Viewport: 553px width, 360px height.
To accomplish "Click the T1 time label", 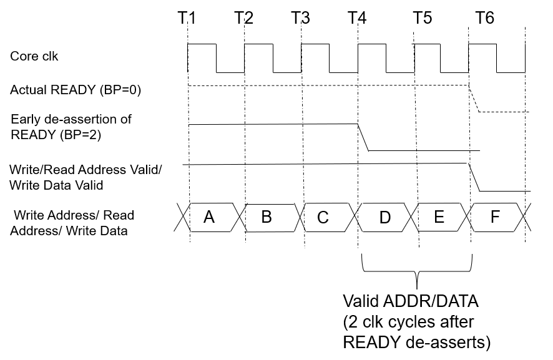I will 187,17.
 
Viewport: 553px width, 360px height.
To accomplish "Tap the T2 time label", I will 243,17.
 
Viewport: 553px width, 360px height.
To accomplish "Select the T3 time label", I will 300,17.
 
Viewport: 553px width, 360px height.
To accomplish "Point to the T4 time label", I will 357,17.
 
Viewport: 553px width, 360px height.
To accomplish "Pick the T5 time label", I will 423,17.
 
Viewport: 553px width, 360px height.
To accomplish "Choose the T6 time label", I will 484,17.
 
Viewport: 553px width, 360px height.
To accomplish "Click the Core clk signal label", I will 34,56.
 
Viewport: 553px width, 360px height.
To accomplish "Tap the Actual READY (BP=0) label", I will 76,90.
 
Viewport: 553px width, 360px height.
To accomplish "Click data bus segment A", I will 209,217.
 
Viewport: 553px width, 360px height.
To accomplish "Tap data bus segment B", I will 267,217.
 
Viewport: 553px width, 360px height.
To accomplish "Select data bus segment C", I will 323,217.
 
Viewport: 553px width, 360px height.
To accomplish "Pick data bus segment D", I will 385,217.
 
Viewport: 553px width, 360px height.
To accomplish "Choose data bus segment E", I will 439,217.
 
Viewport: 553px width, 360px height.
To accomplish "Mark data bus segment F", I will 495,217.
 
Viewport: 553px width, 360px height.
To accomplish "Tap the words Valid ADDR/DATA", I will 410,301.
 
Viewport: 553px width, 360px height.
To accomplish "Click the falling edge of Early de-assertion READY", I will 363,137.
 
